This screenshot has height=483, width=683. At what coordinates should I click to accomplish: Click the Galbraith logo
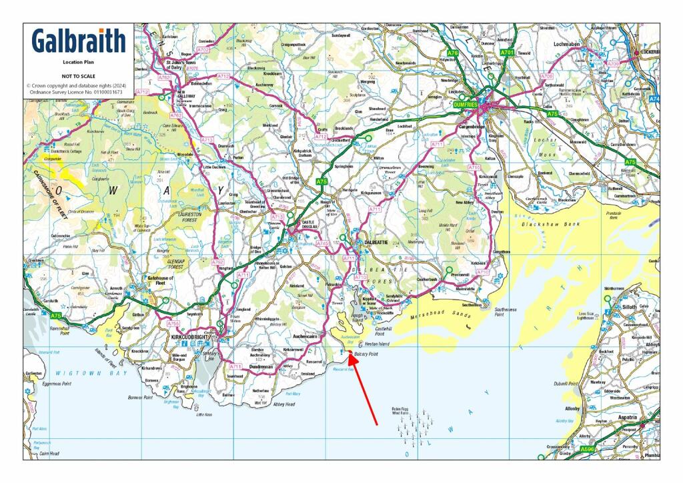point(79,41)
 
